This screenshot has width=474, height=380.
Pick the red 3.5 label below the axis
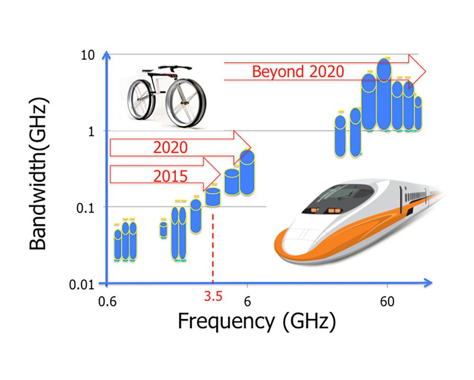click(x=213, y=297)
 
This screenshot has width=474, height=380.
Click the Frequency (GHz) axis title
click(x=257, y=322)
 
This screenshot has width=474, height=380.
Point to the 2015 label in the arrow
click(x=170, y=176)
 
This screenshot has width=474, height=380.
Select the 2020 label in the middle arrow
click(x=170, y=147)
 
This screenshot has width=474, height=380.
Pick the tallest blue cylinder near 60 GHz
click(x=384, y=95)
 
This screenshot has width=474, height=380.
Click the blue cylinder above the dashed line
click(x=213, y=197)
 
